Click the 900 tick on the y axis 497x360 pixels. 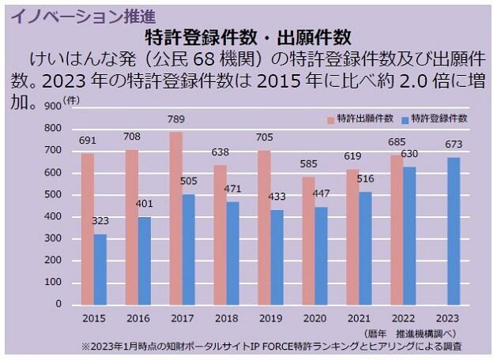pyautogui.click(x=53, y=106)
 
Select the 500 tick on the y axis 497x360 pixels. pyautogui.click(x=53, y=194)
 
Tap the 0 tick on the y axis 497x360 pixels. pyautogui.click(x=58, y=304)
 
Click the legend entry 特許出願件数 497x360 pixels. pyautogui.click(x=361, y=118)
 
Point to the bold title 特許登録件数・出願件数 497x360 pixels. pyautogui.click(x=248, y=36)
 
